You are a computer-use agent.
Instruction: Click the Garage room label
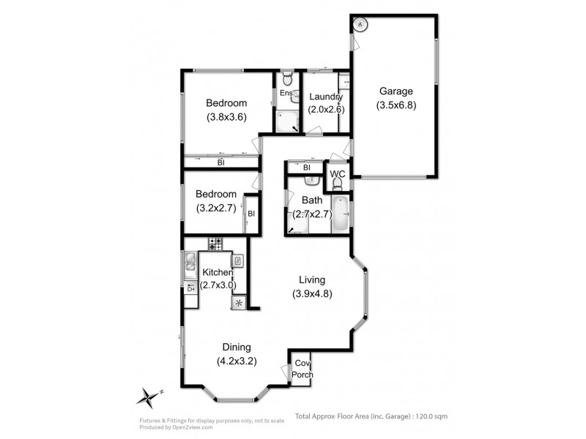(x=396, y=91)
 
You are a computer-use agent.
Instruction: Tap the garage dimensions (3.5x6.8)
(x=396, y=105)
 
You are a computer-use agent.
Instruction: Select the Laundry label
(x=326, y=97)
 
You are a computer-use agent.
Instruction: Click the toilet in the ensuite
(x=287, y=78)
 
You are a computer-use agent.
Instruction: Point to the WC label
(x=338, y=174)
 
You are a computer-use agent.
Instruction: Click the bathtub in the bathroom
(x=340, y=214)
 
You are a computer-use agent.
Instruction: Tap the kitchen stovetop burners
(x=215, y=244)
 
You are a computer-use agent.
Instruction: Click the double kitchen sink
(x=190, y=265)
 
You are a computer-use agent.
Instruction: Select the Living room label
(x=312, y=279)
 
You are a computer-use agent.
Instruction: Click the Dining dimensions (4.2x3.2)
(x=237, y=361)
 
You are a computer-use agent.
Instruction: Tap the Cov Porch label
(x=302, y=369)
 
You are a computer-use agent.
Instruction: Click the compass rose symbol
(x=149, y=397)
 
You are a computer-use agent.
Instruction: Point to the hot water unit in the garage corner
(x=360, y=25)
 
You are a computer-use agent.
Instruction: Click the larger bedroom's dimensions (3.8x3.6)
(x=226, y=117)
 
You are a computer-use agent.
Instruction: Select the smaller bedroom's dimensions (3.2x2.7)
(x=216, y=208)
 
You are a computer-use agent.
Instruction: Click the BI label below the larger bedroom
(x=221, y=162)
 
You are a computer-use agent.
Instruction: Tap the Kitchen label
(x=218, y=272)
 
